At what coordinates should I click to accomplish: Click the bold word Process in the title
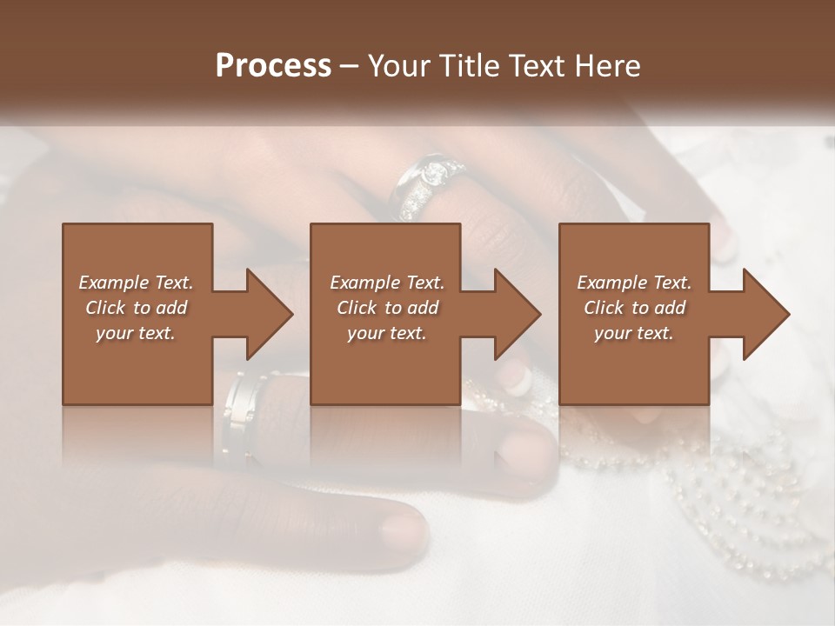click(273, 66)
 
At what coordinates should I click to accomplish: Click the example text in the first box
click(136, 308)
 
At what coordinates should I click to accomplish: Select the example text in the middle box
click(386, 308)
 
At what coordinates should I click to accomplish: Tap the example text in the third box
click(634, 308)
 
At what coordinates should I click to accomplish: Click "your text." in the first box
click(136, 333)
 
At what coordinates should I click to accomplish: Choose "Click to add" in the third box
click(634, 308)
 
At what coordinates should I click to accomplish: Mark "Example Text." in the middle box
click(386, 283)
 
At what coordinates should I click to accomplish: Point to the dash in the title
click(350, 66)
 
